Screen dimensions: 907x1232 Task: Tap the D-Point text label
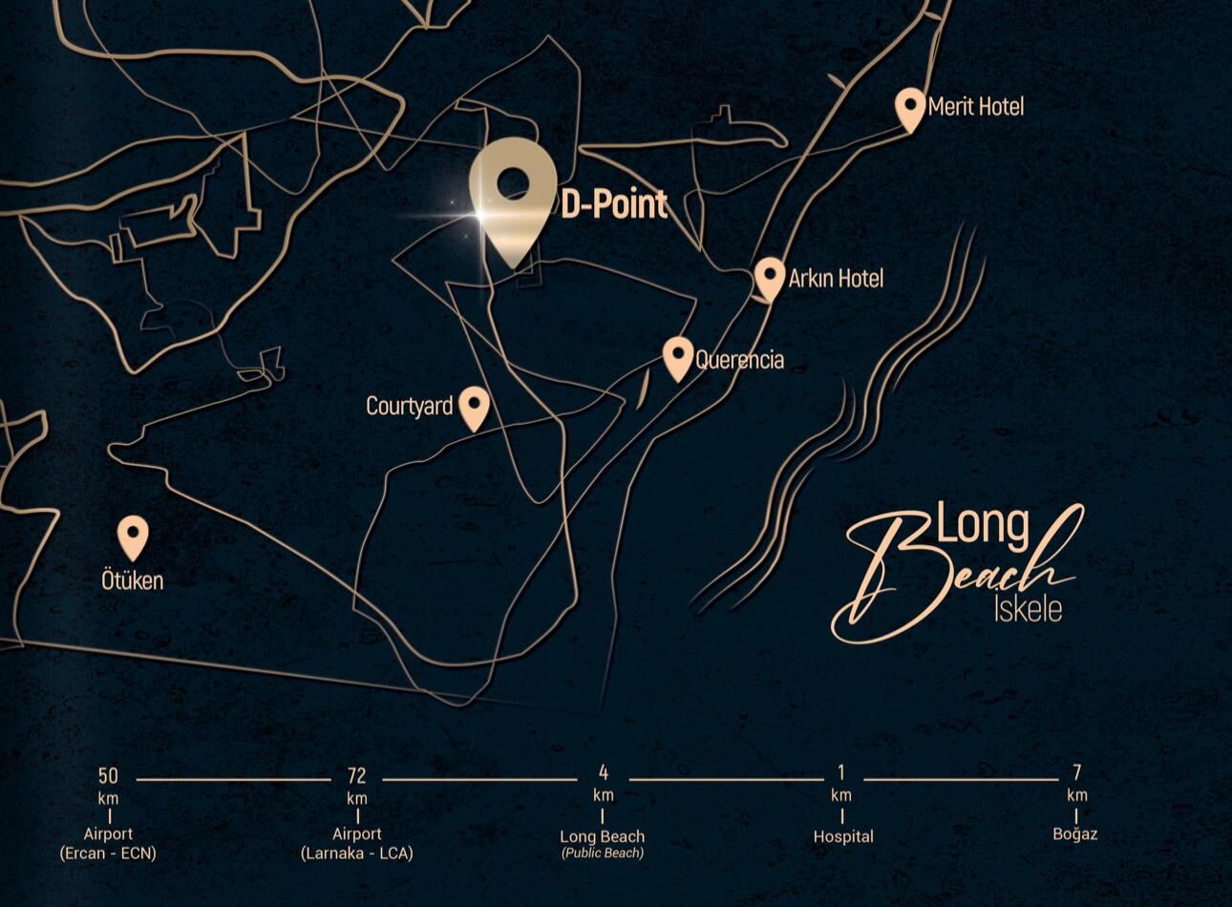613,204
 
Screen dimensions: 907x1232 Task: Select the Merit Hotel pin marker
911,107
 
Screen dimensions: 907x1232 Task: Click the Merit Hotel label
975,106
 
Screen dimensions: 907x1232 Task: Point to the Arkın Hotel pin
770,277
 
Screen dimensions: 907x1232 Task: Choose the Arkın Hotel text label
836,278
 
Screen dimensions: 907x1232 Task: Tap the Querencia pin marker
678,356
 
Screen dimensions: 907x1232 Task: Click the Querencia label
739,360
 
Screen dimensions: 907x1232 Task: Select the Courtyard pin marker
474,406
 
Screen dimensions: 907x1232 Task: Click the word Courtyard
409,407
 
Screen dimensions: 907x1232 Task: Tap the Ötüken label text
133,580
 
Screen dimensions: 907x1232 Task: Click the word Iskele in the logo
1028,608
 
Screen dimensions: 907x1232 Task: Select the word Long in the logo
982,526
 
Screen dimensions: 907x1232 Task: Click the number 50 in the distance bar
108,775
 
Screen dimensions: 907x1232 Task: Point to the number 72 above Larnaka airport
356,775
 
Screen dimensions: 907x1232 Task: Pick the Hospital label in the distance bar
842,836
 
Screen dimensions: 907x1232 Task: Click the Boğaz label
1075,833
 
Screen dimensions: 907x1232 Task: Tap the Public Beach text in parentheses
603,853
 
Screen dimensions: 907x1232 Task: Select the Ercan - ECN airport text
108,853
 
